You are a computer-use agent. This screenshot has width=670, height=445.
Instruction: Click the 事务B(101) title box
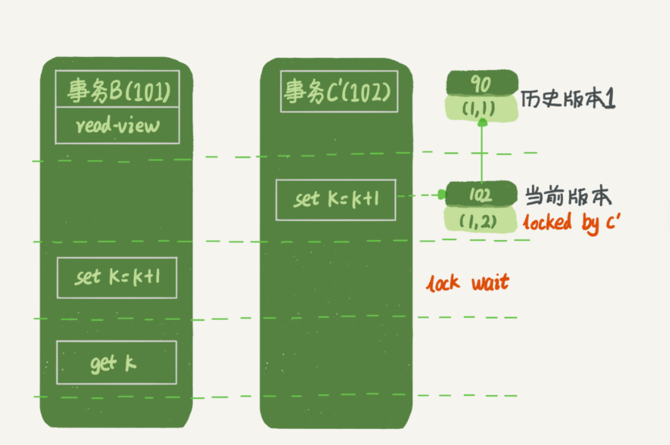(118, 89)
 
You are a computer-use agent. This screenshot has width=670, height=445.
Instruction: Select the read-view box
(118, 125)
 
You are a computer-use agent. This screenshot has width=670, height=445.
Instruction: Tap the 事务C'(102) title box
(339, 92)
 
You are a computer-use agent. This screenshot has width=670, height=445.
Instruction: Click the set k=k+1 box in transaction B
(117, 278)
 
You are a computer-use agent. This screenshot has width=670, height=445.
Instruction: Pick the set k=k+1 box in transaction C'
(336, 199)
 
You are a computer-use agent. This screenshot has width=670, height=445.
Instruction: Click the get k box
(116, 363)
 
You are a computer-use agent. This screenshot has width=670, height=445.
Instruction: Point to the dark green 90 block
(481, 84)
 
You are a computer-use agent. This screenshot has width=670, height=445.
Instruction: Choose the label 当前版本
(568, 196)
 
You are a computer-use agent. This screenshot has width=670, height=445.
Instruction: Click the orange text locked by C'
(571, 223)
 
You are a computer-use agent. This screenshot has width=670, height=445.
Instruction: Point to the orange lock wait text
(467, 283)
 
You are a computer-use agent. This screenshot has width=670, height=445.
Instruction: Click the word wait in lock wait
(490, 283)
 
